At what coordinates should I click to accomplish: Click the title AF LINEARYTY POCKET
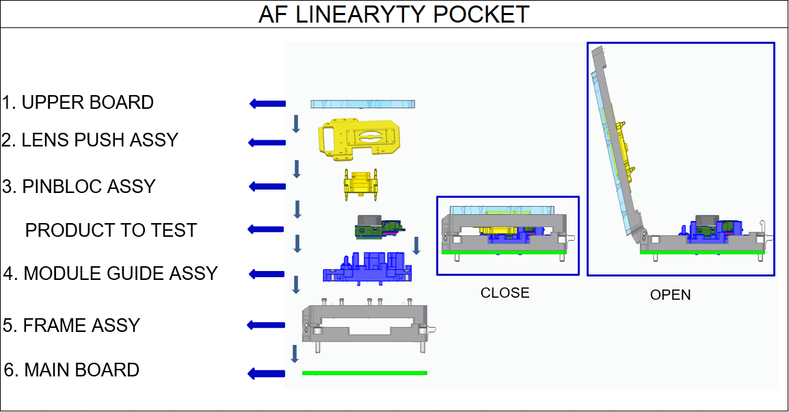[394, 14]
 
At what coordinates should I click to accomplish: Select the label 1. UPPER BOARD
[78, 102]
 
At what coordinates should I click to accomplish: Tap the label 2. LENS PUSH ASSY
[90, 140]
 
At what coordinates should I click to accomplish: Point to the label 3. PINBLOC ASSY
[79, 186]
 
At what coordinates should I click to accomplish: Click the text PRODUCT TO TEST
[111, 230]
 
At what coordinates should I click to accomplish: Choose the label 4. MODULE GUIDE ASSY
[110, 273]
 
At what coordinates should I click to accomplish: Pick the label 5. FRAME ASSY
[72, 325]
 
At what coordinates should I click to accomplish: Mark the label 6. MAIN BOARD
[72, 370]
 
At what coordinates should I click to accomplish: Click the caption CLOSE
[505, 293]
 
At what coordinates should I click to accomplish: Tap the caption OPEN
[670, 295]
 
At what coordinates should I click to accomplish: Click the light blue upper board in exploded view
[363, 104]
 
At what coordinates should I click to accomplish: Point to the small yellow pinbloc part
[361, 184]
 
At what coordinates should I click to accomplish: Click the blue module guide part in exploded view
[367, 268]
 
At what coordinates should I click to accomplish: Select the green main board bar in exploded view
[365, 373]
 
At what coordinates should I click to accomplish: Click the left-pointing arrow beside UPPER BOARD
[268, 104]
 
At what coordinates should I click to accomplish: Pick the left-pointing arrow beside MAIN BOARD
[267, 373]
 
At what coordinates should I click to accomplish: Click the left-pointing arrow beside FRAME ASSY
[266, 325]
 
